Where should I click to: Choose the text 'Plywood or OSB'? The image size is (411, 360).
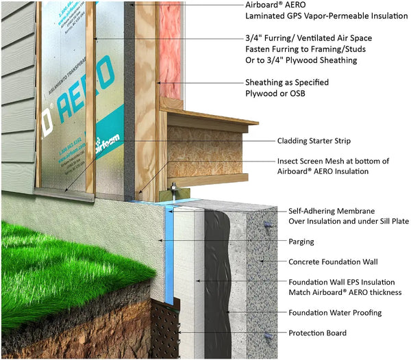(277, 93)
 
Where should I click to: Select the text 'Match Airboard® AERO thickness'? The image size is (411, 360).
(335, 292)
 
